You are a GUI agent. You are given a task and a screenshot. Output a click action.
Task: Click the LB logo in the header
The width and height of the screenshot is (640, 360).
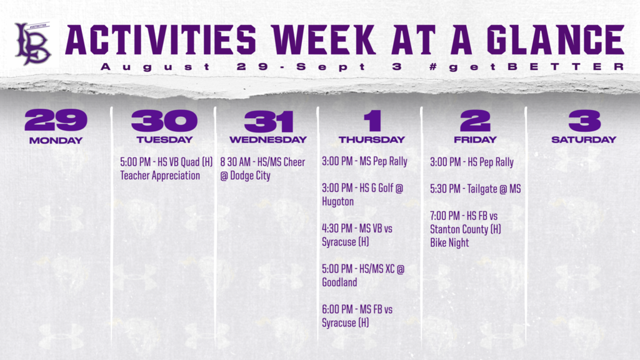(x=33, y=43)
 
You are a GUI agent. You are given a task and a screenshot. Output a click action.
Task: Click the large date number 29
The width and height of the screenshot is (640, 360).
(x=56, y=121)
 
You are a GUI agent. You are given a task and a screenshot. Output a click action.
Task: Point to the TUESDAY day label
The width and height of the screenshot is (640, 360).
(x=164, y=139)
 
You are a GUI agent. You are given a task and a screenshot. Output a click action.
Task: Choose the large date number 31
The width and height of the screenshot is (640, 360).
(x=268, y=121)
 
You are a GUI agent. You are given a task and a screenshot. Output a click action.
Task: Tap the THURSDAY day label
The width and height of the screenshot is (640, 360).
(x=372, y=139)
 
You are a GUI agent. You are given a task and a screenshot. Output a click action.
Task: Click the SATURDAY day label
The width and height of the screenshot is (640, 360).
(x=584, y=139)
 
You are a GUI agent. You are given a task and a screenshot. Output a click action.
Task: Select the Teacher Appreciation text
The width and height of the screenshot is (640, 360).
(x=160, y=176)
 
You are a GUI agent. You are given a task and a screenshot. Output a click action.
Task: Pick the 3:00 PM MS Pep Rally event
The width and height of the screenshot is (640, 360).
(x=364, y=162)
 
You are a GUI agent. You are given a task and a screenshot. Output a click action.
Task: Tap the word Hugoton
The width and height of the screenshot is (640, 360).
(x=337, y=202)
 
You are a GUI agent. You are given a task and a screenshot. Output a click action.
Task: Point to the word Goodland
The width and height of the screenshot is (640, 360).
(x=339, y=282)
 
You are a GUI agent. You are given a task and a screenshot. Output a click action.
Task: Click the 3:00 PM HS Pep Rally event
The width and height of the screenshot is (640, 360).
(x=472, y=162)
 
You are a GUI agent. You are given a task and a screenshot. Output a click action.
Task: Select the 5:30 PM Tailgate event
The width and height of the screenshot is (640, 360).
(x=475, y=189)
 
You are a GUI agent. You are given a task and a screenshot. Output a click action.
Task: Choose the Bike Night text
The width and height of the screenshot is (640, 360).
(x=449, y=242)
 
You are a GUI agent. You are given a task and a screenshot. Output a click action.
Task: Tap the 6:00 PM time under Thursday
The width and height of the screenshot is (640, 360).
(x=337, y=309)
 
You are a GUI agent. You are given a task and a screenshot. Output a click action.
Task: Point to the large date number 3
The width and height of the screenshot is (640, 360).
(x=584, y=121)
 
